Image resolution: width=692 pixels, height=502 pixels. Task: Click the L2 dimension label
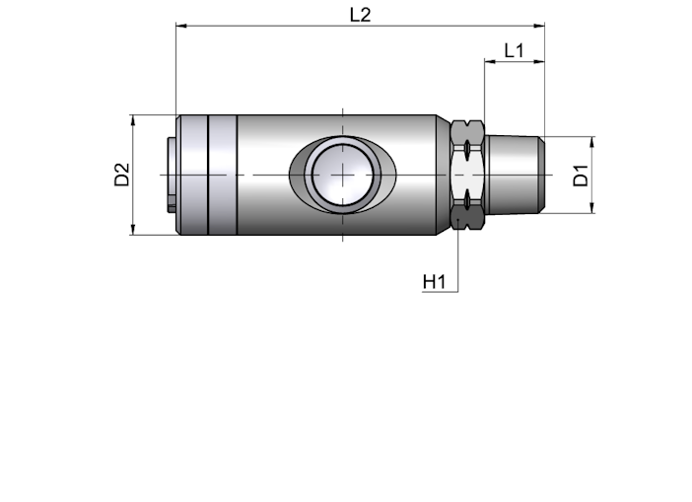(x=360, y=15)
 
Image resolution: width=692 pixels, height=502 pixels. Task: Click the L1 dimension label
(x=515, y=50)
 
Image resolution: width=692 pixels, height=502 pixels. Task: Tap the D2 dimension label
(x=122, y=175)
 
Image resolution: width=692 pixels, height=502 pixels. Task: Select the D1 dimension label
(x=581, y=175)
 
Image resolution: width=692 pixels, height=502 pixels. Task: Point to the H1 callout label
(x=435, y=282)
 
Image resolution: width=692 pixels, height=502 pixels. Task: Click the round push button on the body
(x=342, y=175)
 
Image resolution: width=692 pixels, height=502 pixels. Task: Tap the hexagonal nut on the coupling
(x=468, y=175)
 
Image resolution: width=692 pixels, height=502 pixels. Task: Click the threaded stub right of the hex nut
(x=515, y=175)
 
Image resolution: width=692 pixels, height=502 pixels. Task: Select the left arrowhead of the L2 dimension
(x=181, y=26)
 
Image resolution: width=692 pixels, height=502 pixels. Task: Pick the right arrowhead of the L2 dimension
(x=539, y=26)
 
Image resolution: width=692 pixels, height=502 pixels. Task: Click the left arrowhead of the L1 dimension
(x=490, y=62)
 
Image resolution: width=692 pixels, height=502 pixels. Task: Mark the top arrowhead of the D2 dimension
(x=133, y=120)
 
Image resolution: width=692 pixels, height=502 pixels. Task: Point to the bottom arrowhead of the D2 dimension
(x=133, y=229)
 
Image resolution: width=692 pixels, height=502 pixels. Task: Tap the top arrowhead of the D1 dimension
(x=592, y=142)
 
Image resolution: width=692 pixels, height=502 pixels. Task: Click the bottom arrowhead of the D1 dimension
(x=592, y=207)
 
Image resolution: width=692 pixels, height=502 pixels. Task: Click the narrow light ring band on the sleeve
(x=223, y=175)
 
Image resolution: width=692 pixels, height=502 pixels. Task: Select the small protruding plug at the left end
(x=172, y=175)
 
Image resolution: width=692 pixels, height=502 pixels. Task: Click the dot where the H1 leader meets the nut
(x=458, y=219)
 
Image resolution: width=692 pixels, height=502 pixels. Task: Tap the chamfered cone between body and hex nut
(x=444, y=175)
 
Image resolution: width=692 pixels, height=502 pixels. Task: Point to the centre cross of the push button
(x=342, y=175)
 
